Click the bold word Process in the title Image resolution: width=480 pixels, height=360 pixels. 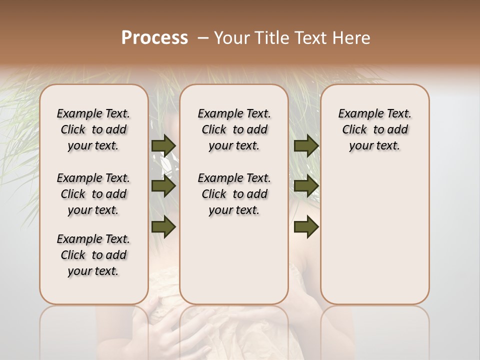click(x=154, y=38)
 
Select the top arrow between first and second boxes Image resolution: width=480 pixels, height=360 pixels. click(x=163, y=145)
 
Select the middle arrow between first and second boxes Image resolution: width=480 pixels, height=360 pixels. click(x=163, y=186)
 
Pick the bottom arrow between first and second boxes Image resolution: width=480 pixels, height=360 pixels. click(x=163, y=227)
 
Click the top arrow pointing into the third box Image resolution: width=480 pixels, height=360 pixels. click(x=306, y=145)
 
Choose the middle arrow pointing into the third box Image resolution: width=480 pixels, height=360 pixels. click(x=306, y=186)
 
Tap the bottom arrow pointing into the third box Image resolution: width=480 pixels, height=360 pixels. click(x=306, y=227)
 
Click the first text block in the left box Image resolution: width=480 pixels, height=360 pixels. click(x=93, y=129)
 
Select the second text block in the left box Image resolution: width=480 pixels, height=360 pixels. click(x=93, y=194)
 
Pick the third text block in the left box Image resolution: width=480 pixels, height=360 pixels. click(x=93, y=255)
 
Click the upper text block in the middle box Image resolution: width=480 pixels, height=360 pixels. click(x=234, y=129)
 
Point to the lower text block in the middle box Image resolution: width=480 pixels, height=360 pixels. click(x=234, y=194)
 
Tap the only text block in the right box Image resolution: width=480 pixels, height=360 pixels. click(x=374, y=129)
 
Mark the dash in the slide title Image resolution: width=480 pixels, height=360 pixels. click(x=203, y=38)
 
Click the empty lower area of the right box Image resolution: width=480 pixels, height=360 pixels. click(x=374, y=240)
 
